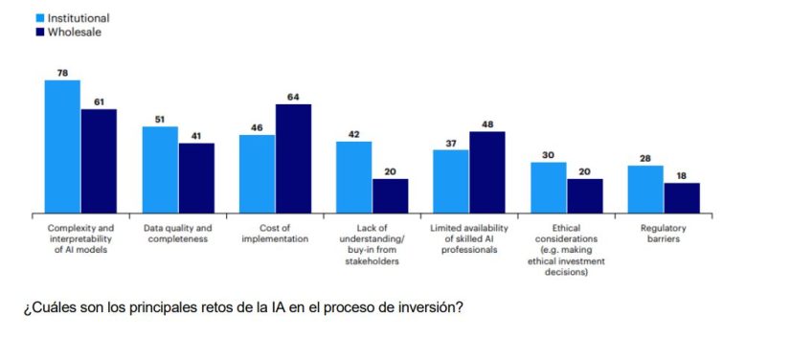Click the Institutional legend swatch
[40, 18]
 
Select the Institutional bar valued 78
[62, 146]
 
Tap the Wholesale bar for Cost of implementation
[294, 158]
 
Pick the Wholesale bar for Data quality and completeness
[196, 178]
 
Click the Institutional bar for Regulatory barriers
[645, 190]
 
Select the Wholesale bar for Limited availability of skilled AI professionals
[487, 172]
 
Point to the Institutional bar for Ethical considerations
[549, 188]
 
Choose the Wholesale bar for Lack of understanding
[390, 195]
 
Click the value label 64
[294, 97]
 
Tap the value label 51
[160, 119]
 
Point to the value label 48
[487, 124]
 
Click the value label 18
[681, 176]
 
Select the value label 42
[353, 134]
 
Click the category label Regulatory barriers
[664, 234]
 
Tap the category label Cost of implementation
[275, 234]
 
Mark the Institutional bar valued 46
[258, 173]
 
